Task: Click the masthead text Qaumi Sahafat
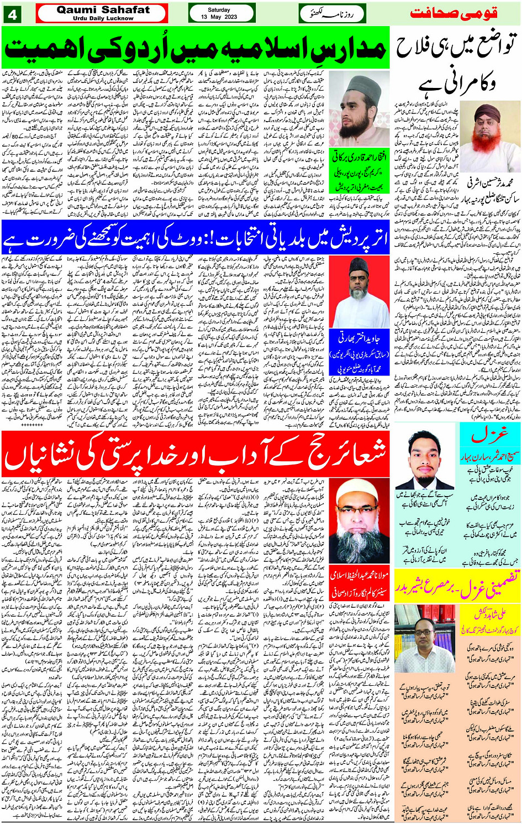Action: [103, 9]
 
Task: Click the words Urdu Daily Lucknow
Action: [103, 18]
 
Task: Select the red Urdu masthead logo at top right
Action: [456, 12]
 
